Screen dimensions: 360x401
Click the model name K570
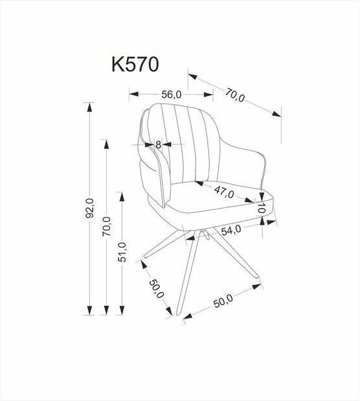(x=135, y=64)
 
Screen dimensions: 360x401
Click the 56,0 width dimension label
(x=172, y=95)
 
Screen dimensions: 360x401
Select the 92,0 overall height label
(x=90, y=208)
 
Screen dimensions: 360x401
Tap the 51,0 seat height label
(x=122, y=252)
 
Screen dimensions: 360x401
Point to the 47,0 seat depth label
(x=224, y=192)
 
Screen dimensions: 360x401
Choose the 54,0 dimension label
(x=231, y=230)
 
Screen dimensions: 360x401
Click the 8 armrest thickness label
(x=158, y=144)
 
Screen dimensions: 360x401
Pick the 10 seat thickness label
(x=261, y=208)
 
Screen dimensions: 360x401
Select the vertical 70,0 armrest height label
(x=106, y=226)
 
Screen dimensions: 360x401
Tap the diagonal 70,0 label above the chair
(x=235, y=95)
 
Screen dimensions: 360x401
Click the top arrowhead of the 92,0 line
(x=89, y=107)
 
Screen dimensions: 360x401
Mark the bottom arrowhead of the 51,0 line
(x=122, y=310)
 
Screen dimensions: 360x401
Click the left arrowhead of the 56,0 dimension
(x=134, y=94)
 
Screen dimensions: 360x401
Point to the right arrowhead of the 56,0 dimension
(x=208, y=95)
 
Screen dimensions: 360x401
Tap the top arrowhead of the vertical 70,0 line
(x=106, y=144)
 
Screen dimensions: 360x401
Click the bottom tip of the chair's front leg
(x=178, y=314)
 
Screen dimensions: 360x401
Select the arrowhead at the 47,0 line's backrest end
(x=199, y=183)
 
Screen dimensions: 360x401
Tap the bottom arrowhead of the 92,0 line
(x=89, y=310)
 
